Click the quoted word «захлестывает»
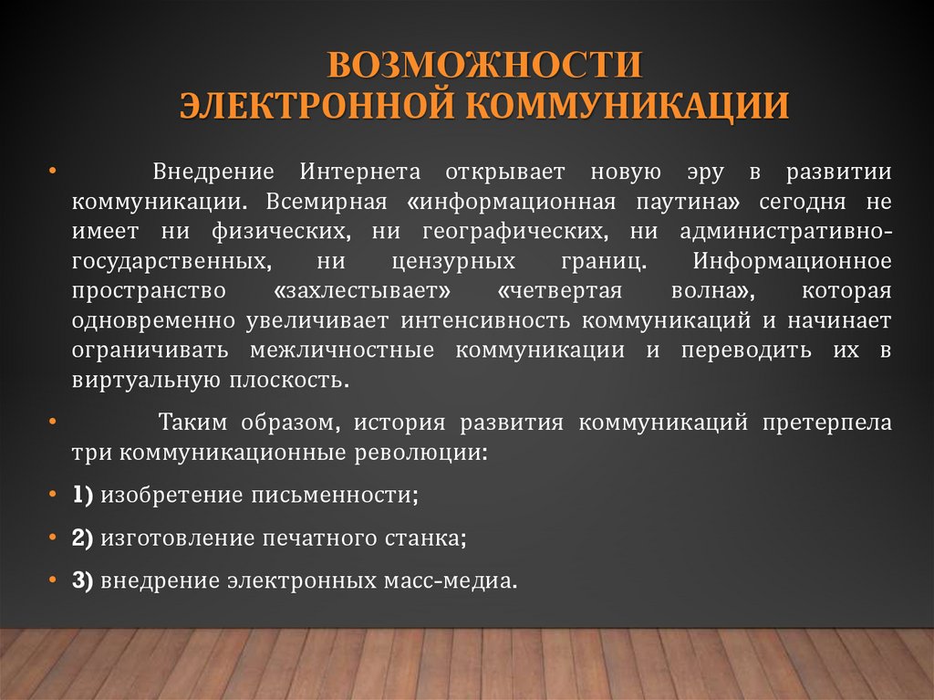pyautogui.click(x=363, y=292)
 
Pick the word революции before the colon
pyautogui.click(x=425, y=453)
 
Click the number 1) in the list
pyautogui.click(x=83, y=495)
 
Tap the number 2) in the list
pyautogui.click(x=83, y=538)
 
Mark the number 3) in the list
pyautogui.click(x=83, y=580)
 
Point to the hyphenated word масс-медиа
pyautogui.click(x=456, y=580)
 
